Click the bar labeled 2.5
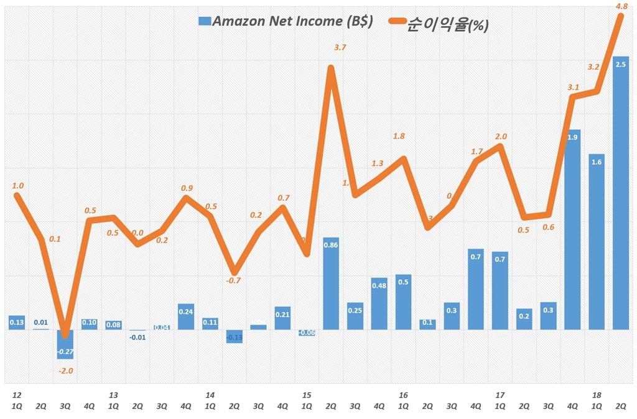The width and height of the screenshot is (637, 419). click(620, 193)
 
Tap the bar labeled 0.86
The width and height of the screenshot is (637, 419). click(331, 283)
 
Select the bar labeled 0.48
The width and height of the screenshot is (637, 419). click(379, 303)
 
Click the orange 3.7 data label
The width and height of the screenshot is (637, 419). click(340, 48)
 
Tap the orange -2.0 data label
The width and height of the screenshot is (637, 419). click(66, 371)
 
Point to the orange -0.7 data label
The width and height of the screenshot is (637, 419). click(233, 280)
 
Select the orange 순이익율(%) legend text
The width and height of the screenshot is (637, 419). click(447, 25)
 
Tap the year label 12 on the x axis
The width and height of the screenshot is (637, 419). click(17, 395)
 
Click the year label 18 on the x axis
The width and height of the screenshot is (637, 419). click(597, 395)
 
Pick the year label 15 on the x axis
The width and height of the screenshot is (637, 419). click(307, 395)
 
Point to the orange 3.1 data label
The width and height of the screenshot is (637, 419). click(574, 88)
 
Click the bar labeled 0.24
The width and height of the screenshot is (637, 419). click(186, 316)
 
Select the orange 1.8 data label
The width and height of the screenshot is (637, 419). click(399, 136)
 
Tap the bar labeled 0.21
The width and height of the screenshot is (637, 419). click(282, 318)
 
